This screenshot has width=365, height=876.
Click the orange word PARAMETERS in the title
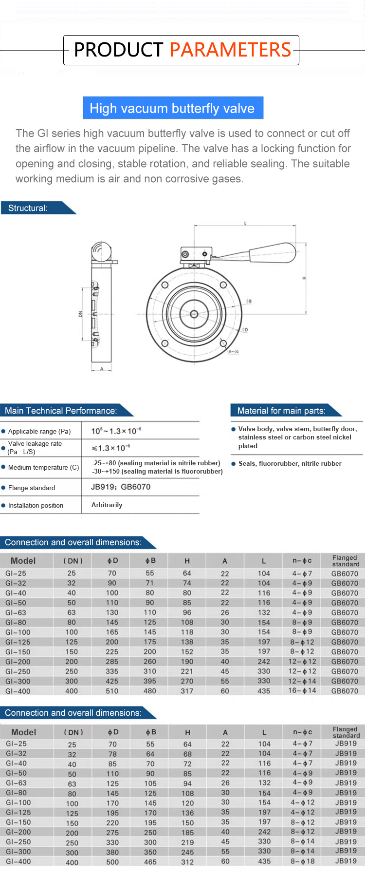[230, 50]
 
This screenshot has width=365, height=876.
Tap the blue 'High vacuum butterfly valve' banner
[173, 108]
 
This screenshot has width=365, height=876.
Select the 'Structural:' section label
[28, 208]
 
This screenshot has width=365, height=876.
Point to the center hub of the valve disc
[194, 314]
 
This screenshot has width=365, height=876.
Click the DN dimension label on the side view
[81, 314]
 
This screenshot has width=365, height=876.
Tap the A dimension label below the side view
[102, 369]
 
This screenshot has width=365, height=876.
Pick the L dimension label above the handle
[245, 223]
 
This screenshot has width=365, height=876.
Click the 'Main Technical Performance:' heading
[61, 411]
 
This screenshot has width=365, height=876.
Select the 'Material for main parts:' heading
[281, 411]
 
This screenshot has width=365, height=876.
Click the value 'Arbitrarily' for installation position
[107, 505]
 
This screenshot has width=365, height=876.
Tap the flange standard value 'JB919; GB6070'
[121, 487]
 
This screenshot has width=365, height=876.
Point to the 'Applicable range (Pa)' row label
[39, 431]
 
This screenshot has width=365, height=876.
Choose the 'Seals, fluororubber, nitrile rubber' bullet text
[290, 463]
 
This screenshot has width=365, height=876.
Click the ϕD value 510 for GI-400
[112, 691]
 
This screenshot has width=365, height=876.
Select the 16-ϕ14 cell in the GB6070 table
[302, 690]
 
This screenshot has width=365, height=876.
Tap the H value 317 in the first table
[187, 691]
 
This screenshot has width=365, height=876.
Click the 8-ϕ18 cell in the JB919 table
[302, 861]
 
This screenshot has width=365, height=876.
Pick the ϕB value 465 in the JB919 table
[150, 862]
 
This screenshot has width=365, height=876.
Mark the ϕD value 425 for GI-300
[112, 681]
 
